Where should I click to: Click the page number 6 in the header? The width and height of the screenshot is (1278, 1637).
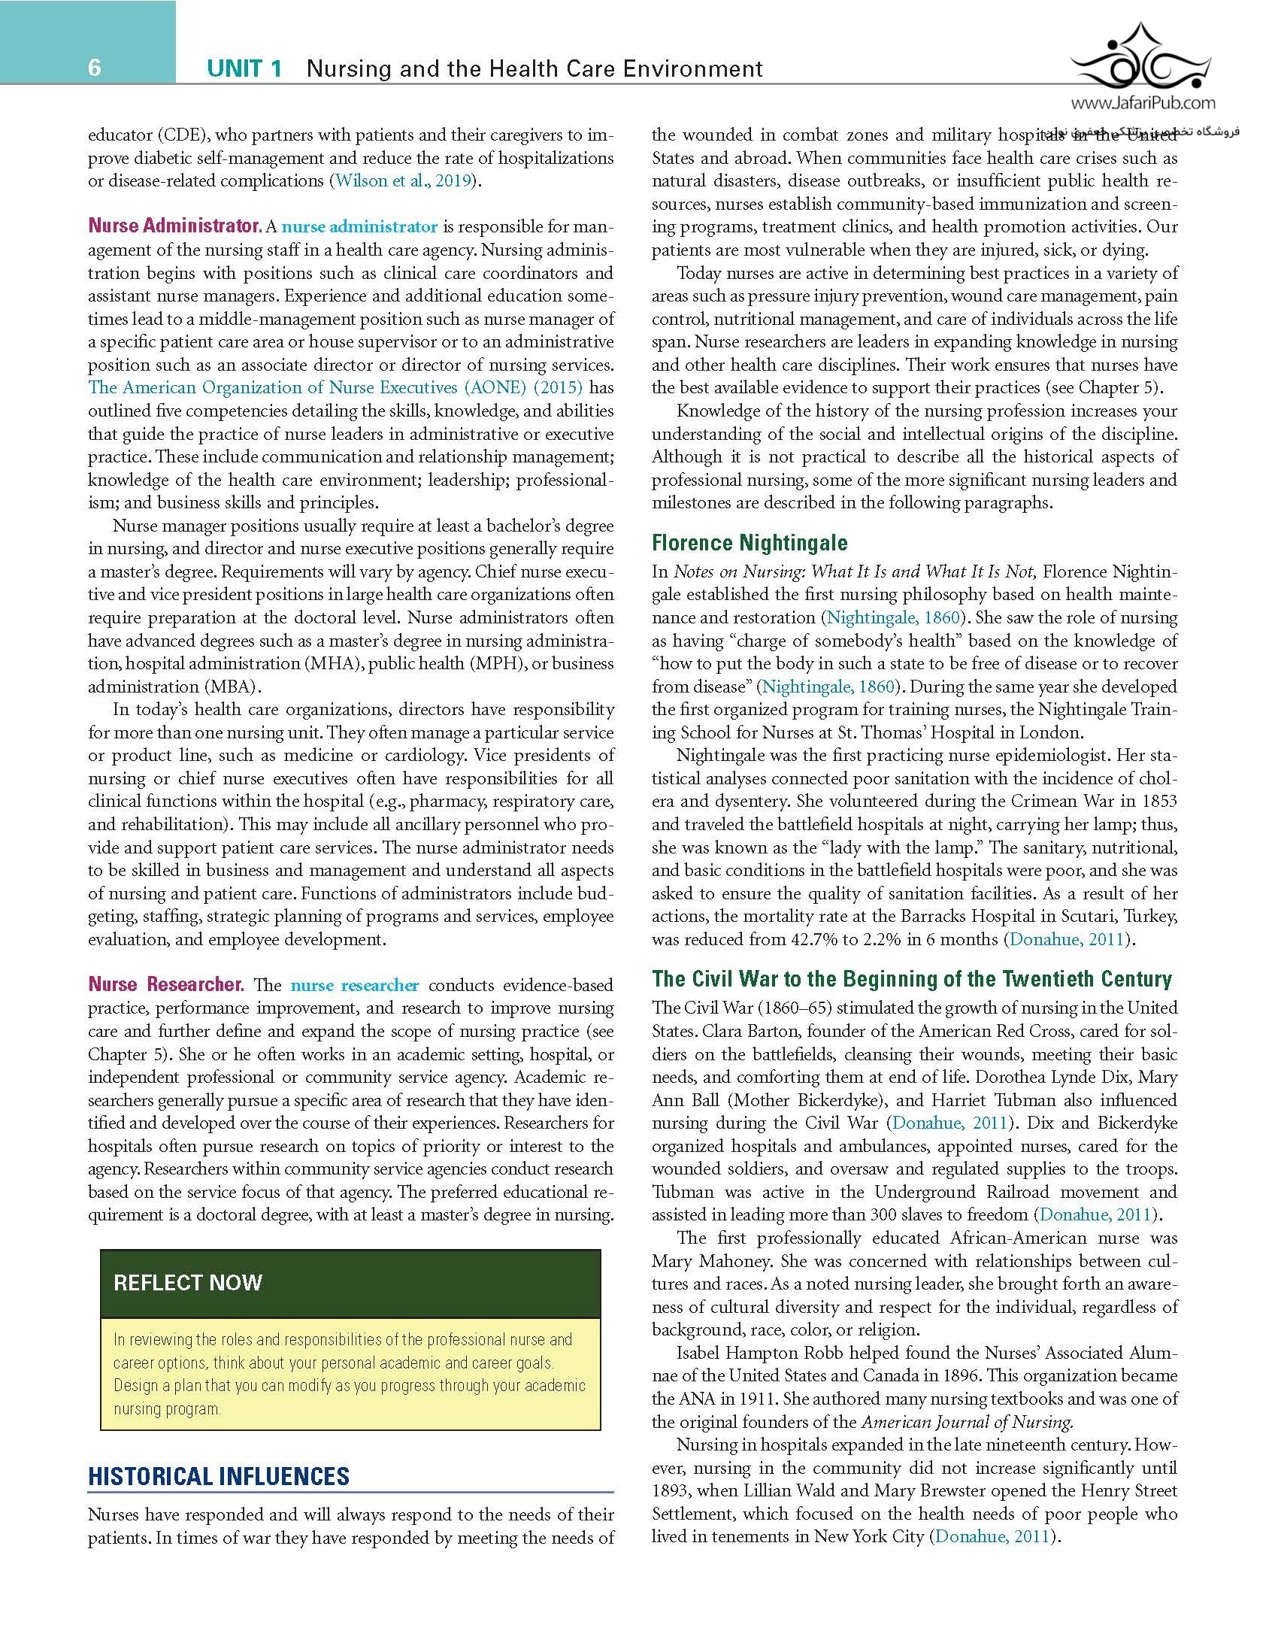click(x=94, y=68)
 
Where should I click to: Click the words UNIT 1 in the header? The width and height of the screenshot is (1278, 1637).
click(x=245, y=69)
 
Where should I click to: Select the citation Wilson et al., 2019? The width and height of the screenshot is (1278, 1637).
click(x=403, y=181)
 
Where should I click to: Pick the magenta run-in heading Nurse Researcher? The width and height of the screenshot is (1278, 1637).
click(x=166, y=985)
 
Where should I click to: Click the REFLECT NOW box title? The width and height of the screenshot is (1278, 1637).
click(x=188, y=1283)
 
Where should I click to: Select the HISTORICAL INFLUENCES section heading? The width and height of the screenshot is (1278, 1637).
click(x=219, y=1476)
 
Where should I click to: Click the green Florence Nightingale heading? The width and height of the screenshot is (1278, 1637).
click(x=750, y=543)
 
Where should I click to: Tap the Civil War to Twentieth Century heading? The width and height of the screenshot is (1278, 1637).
click(x=912, y=978)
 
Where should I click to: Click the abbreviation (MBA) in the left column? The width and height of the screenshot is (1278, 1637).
click(x=237, y=687)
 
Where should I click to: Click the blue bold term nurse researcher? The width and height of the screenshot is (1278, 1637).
click(x=354, y=985)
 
